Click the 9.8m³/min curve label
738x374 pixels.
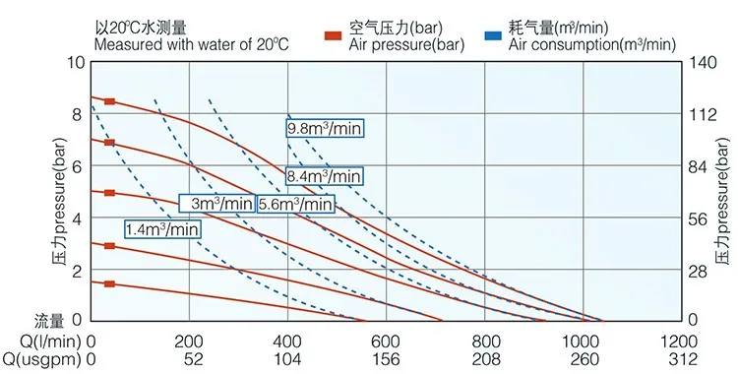tap(325, 129)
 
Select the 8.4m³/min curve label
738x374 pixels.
tap(325, 177)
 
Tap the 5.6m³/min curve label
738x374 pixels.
tap(295, 204)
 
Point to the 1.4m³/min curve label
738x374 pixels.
tap(163, 228)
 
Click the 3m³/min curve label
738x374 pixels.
tap(216, 204)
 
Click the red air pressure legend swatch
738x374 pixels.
tap(333, 37)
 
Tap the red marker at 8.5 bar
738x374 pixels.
tap(109, 101)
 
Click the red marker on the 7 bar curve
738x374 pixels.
tap(109, 143)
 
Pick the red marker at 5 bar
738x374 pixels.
tap(109, 193)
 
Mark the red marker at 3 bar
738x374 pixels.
tap(109, 246)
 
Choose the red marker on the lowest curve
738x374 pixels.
tap(109, 283)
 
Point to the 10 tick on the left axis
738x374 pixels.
tap(75, 63)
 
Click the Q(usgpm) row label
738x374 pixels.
tap(41, 359)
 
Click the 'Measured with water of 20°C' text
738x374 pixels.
tap(192, 43)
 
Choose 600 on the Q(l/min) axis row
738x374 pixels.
tap(485, 341)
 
